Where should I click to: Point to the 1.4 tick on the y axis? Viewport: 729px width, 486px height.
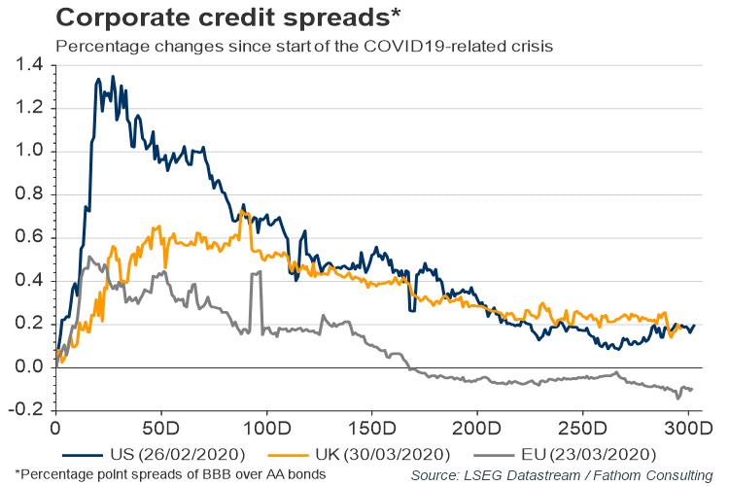click(x=32, y=64)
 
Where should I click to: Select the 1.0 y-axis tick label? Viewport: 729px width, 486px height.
click(x=32, y=151)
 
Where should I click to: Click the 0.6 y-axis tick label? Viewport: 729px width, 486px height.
click(x=32, y=237)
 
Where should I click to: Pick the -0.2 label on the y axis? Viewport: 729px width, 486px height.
click(x=29, y=410)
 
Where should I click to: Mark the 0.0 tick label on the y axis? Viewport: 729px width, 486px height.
click(x=32, y=367)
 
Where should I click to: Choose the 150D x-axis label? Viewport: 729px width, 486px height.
click(x=370, y=428)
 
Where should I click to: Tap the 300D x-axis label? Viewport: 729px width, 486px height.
click(x=686, y=428)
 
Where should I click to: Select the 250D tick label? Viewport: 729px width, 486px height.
click(x=582, y=428)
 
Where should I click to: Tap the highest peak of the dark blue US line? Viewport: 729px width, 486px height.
click(x=113, y=76)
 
